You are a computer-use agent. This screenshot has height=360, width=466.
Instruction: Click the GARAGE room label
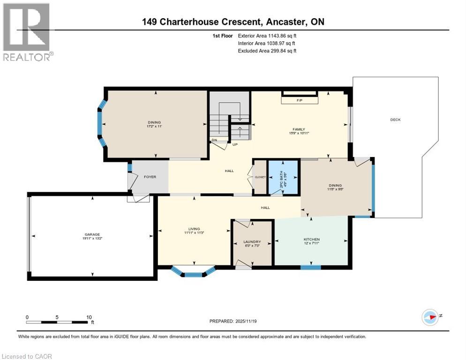[92, 234]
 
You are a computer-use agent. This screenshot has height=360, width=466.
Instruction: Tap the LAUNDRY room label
[252, 242]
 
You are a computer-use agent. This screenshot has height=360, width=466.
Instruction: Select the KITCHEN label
[311, 239]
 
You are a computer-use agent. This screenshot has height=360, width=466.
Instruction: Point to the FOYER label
[150, 177]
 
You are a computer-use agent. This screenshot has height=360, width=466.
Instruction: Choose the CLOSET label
[260, 177]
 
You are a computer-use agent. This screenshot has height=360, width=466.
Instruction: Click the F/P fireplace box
[300, 101]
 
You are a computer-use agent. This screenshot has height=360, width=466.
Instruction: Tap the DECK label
[395, 120]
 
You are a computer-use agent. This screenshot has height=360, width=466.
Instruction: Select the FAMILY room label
[299, 129]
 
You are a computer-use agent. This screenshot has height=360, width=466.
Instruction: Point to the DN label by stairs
[214, 140]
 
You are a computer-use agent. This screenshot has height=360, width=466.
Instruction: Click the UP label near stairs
[235, 144]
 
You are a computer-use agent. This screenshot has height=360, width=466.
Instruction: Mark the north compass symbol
[430, 317]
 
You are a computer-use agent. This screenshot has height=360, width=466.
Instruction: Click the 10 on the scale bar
[89, 317]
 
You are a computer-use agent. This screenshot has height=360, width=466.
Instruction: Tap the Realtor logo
[27, 31]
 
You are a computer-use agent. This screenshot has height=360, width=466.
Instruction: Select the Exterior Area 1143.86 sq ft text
[267, 36]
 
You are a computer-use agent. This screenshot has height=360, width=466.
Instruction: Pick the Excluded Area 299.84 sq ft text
[267, 51]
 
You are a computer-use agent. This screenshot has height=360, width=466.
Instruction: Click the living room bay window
[193, 272]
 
